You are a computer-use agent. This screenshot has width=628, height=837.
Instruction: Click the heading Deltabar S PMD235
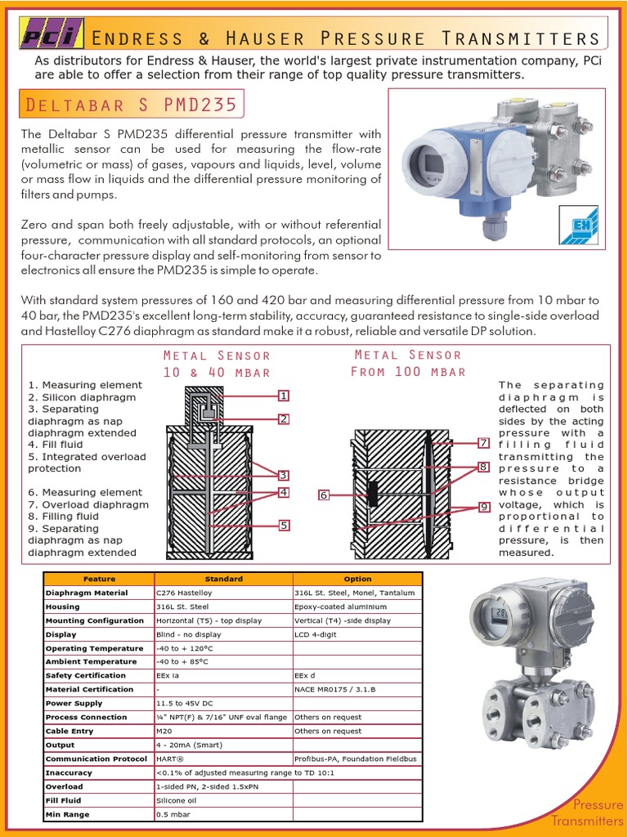pos(132,105)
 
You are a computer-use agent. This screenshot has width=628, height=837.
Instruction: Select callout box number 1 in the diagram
pos(283,396)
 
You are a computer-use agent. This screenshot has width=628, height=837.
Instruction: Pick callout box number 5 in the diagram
pos(283,525)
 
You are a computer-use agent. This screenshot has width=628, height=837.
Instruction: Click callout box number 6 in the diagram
pos(324,495)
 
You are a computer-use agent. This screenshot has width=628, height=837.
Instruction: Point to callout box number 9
pos(484,507)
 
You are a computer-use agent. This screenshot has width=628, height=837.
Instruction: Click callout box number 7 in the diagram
pos(484,442)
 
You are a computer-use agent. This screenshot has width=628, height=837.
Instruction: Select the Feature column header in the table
pos(99,579)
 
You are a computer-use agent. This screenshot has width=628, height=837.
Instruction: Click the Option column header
pos(357,579)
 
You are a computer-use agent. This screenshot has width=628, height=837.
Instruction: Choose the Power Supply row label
pos(70,703)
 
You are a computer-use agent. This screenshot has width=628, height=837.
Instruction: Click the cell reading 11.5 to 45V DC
pos(185,703)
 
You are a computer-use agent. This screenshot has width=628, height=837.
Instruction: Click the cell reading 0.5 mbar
pos(173,814)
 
